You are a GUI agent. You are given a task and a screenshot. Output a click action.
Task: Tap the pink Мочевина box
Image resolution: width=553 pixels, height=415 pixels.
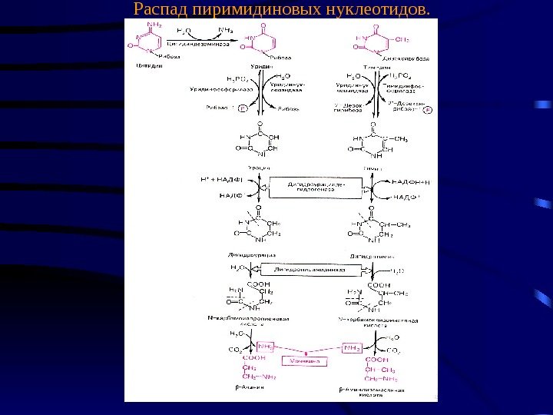305,360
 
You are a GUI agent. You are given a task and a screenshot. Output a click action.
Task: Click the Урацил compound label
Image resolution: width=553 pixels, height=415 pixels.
258,167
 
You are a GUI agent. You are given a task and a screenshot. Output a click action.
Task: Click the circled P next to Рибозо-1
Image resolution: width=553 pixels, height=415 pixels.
243,110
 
